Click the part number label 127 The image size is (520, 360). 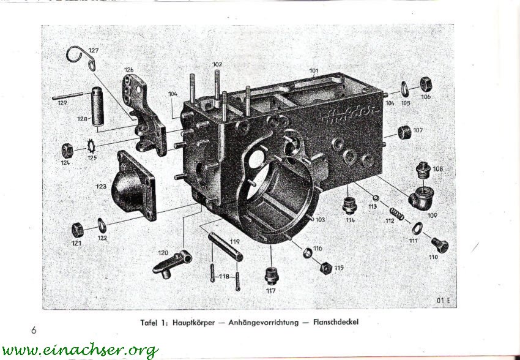coord(92,50)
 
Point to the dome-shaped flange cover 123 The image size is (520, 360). coord(132,187)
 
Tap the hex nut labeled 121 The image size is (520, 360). coord(78,230)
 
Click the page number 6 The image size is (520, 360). coord(34,331)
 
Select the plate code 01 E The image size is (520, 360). coord(444,299)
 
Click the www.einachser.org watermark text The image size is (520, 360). coord(80,350)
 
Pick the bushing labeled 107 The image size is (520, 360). coord(404,132)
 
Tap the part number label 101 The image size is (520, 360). coord(313,71)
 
